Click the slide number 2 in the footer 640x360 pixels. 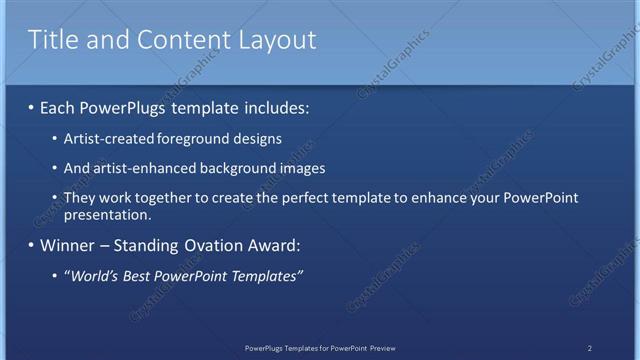coord(589,347)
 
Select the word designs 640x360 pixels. coord(252,138)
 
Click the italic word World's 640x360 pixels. coord(91,275)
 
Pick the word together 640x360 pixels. coord(166,198)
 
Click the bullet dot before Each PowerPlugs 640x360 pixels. coord(31,106)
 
